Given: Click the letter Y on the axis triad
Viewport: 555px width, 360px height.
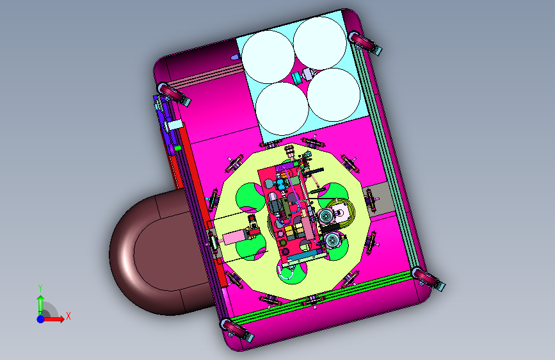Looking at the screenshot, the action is [40, 288].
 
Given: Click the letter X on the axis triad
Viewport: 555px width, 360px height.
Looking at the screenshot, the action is [68, 316].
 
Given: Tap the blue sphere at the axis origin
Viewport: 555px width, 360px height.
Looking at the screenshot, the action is [41, 319].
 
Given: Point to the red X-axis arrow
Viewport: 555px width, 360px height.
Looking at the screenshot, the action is [54, 319].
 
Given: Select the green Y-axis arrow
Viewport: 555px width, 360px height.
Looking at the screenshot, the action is [41, 304].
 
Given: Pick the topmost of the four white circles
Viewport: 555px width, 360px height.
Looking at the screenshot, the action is [320, 43].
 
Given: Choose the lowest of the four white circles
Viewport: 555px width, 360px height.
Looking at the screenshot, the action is [282, 109].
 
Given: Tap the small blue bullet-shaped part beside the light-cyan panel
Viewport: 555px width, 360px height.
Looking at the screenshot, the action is [235, 57].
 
